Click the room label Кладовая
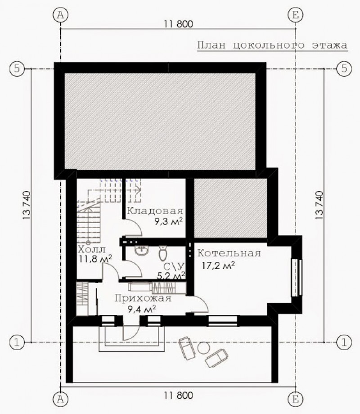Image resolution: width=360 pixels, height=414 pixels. pyautogui.click(x=155, y=211)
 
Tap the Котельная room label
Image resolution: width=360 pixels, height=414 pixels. pyautogui.click(x=229, y=253)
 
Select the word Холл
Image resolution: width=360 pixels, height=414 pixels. pyautogui.click(x=92, y=249)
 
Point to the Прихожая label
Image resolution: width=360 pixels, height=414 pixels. pyautogui.click(x=143, y=298)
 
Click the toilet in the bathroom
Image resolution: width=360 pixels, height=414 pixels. pyautogui.click(x=163, y=253)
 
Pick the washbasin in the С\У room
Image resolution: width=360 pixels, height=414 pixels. pyautogui.click(x=142, y=250)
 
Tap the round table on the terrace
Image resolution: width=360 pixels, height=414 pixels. pyautogui.click(x=203, y=348)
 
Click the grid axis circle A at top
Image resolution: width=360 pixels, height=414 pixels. pyautogui.click(x=60, y=15)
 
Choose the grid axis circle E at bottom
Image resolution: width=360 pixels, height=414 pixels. pyautogui.click(x=295, y=399)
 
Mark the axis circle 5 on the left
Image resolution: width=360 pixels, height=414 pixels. pyautogui.click(x=17, y=69)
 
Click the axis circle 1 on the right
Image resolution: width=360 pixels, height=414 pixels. pyautogui.click(x=344, y=342)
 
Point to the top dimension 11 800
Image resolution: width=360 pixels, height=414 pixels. pyautogui.click(x=179, y=24)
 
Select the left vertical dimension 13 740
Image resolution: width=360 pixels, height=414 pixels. pyautogui.click(x=27, y=205)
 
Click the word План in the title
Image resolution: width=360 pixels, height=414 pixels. pyautogui.click(x=211, y=45)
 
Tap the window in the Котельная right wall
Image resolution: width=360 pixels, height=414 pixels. pyautogui.click(x=297, y=278)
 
